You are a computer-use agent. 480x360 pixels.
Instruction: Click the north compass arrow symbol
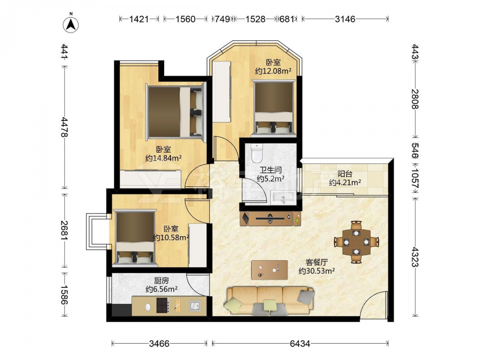click(71, 24)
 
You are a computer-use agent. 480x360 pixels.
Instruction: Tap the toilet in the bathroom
click(256, 153)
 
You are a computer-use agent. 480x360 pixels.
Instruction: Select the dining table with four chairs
click(356, 242)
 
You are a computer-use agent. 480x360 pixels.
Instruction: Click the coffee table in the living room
click(269, 270)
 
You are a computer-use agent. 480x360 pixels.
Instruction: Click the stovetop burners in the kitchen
click(163, 305)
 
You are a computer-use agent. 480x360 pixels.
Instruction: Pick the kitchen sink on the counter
click(195, 305)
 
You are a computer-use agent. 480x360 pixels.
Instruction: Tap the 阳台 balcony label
click(345, 174)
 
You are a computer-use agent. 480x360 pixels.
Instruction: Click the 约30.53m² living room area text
click(316, 271)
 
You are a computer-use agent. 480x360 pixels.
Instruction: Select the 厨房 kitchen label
click(161, 280)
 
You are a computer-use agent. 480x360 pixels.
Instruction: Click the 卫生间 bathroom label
click(271, 170)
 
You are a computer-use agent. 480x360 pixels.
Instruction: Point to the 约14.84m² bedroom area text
click(164, 158)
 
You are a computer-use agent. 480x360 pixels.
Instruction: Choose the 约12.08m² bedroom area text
click(273, 71)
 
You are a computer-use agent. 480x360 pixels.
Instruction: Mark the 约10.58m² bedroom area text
click(171, 238)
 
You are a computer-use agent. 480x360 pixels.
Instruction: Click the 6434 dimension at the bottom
click(300, 344)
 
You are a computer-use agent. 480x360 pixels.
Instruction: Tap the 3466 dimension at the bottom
click(159, 344)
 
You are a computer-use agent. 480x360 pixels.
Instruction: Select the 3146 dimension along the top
click(345, 19)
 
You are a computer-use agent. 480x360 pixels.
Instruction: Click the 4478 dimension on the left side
click(65, 127)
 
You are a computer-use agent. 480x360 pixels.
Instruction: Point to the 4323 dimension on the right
click(415, 257)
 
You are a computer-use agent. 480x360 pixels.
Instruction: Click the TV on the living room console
click(270, 218)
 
